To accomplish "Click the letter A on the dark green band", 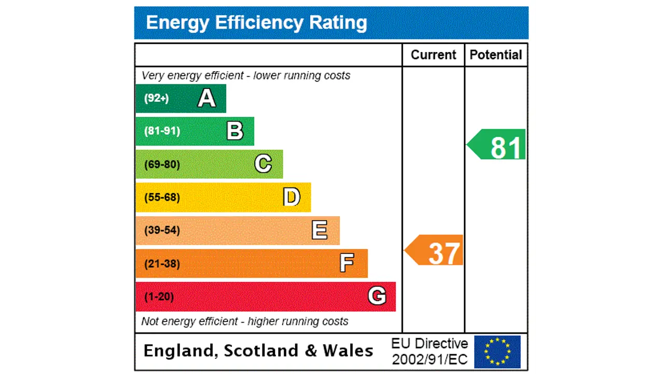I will [206, 98].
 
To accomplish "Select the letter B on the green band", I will [234, 131].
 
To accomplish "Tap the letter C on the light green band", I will [263, 164].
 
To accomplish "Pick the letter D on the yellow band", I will [292, 197].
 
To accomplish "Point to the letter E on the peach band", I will [320, 230].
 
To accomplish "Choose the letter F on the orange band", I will [347, 263].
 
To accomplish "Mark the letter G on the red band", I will [377, 296].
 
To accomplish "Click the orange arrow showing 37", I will [435, 251].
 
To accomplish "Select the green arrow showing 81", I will [497, 144].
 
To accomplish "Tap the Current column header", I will [433, 55].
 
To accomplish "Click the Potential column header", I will [495, 55].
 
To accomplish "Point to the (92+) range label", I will [156, 98].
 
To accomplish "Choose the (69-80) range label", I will [162, 165].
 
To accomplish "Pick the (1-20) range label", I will [159, 297].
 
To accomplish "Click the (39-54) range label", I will [162, 230].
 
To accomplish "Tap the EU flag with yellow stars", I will [497, 352].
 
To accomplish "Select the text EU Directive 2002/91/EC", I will [430, 351].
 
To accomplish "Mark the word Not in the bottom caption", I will [150, 322].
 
